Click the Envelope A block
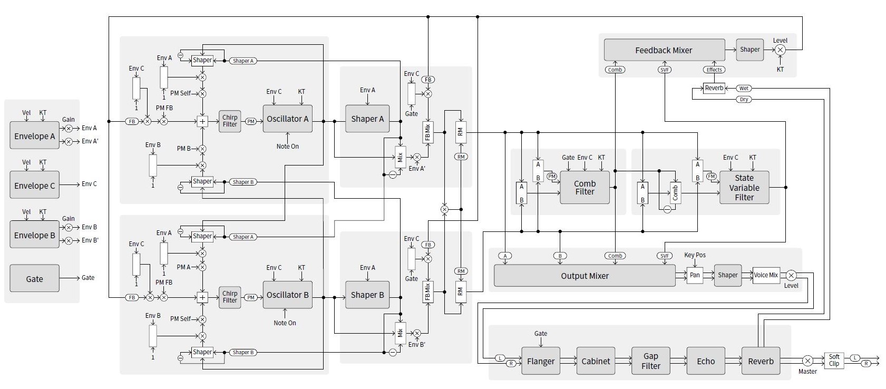pyautogui.click(x=34, y=136)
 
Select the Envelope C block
pyautogui.click(x=34, y=186)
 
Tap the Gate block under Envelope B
pyautogui.click(x=34, y=279)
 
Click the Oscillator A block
pyautogui.click(x=287, y=119)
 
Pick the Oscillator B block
pyautogui.click(x=287, y=295)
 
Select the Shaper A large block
pyautogui.click(x=367, y=119)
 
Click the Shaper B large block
pyautogui.click(x=367, y=295)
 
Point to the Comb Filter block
pyautogui.click(x=585, y=188)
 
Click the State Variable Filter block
pyautogui.click(x=744, y=188)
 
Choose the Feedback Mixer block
pyautogui.click(x=664, y=50)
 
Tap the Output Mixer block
pyautogui.click(x=585, y=276)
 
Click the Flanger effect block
pyautogui.click(x=541, y=361)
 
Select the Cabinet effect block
pyautogui.click(x=596, y=361)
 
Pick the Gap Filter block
pyautogui.click(x=651, y=361)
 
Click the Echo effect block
pyautogui.click(x=706, y=361)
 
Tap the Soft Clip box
pyautogui.click(x=834, y=361)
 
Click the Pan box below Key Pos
pyautogui.click(x=695, y=275)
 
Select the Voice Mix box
pyautogui.click(x=765, y=275)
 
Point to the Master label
pyautogui.click(x=807, y=372)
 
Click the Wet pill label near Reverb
pyautogui.click(x=744, y=88)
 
